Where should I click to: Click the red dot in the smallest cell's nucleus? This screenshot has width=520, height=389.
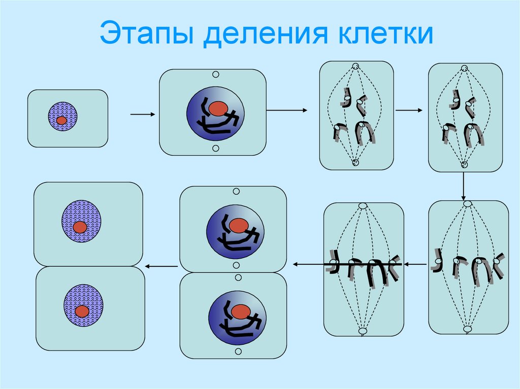pyautogui.click(x=61, y=121)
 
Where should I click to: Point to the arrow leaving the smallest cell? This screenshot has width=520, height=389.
pyautogui.click(x=142, y=115)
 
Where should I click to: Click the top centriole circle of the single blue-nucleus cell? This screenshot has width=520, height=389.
pyautogui.click(x=215, y=75)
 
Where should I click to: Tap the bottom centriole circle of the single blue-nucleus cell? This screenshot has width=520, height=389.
pyautogui.click(x=215, y=148)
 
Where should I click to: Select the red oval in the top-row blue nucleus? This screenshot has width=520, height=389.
pyautogui.click(x=218, y=108)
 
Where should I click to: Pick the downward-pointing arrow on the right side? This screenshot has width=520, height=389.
pyautogui.click(x=464, y=186)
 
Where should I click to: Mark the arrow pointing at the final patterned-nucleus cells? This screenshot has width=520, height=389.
pyautogui.click(x=161, y=266)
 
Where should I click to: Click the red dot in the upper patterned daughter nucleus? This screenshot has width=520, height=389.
pyautogui.click(x=80, y=227)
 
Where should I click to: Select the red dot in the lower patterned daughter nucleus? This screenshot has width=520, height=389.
pyautogui.click(x=82, y=310)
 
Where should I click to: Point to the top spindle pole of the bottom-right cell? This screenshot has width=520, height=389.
pyautogui.click(x=467, y=204)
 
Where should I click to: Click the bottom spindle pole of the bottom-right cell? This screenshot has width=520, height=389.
pyautogui.click(x=467, y=330)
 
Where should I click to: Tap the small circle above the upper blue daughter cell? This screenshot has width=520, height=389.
pyautogui.click(x=236, y=192)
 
